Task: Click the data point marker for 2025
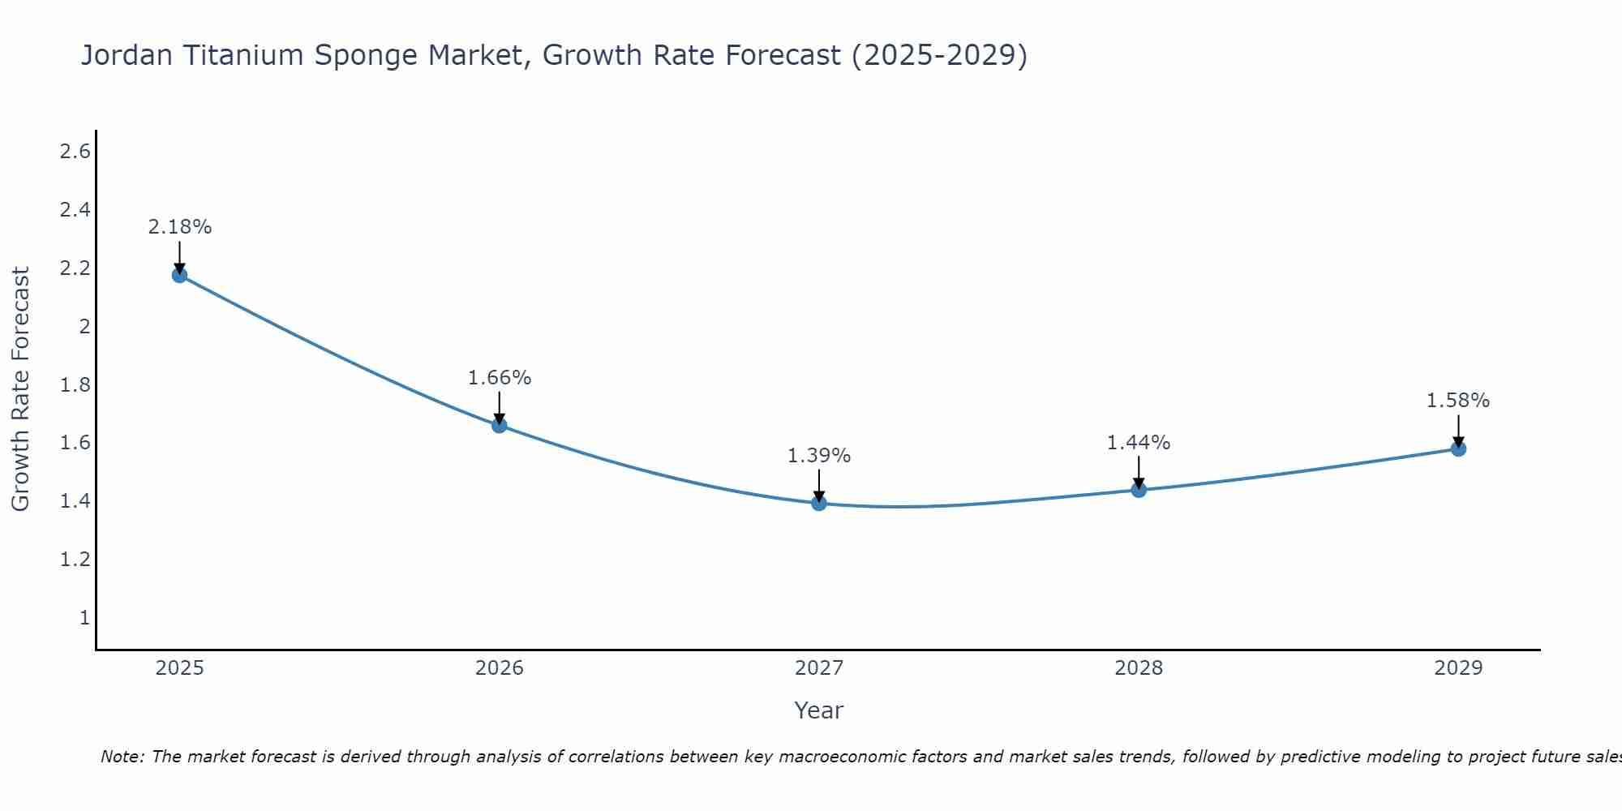tap(179, 275)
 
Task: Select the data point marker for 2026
tap(500, 425)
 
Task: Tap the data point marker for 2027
tap(819, 503)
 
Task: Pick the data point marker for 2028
tap(1139, 489)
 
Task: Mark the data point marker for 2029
tap(1458, 448)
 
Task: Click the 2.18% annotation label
tap(179, 227)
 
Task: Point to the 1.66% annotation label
tap(500, 378)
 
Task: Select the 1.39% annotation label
tap(819, 456)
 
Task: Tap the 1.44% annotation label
tap(1139, 443)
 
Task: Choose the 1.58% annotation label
tap(1458, 401)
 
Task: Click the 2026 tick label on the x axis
tap(500, 668)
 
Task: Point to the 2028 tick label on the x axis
tap(1139, 668)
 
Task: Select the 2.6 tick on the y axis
tap(75, 152)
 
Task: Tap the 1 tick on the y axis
tap(84, 618)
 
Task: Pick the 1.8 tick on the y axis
tap(75, 384)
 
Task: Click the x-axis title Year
tap(819, 710)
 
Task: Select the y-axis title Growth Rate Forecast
tap(20, 389)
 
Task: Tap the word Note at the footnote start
tap(122, 757)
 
